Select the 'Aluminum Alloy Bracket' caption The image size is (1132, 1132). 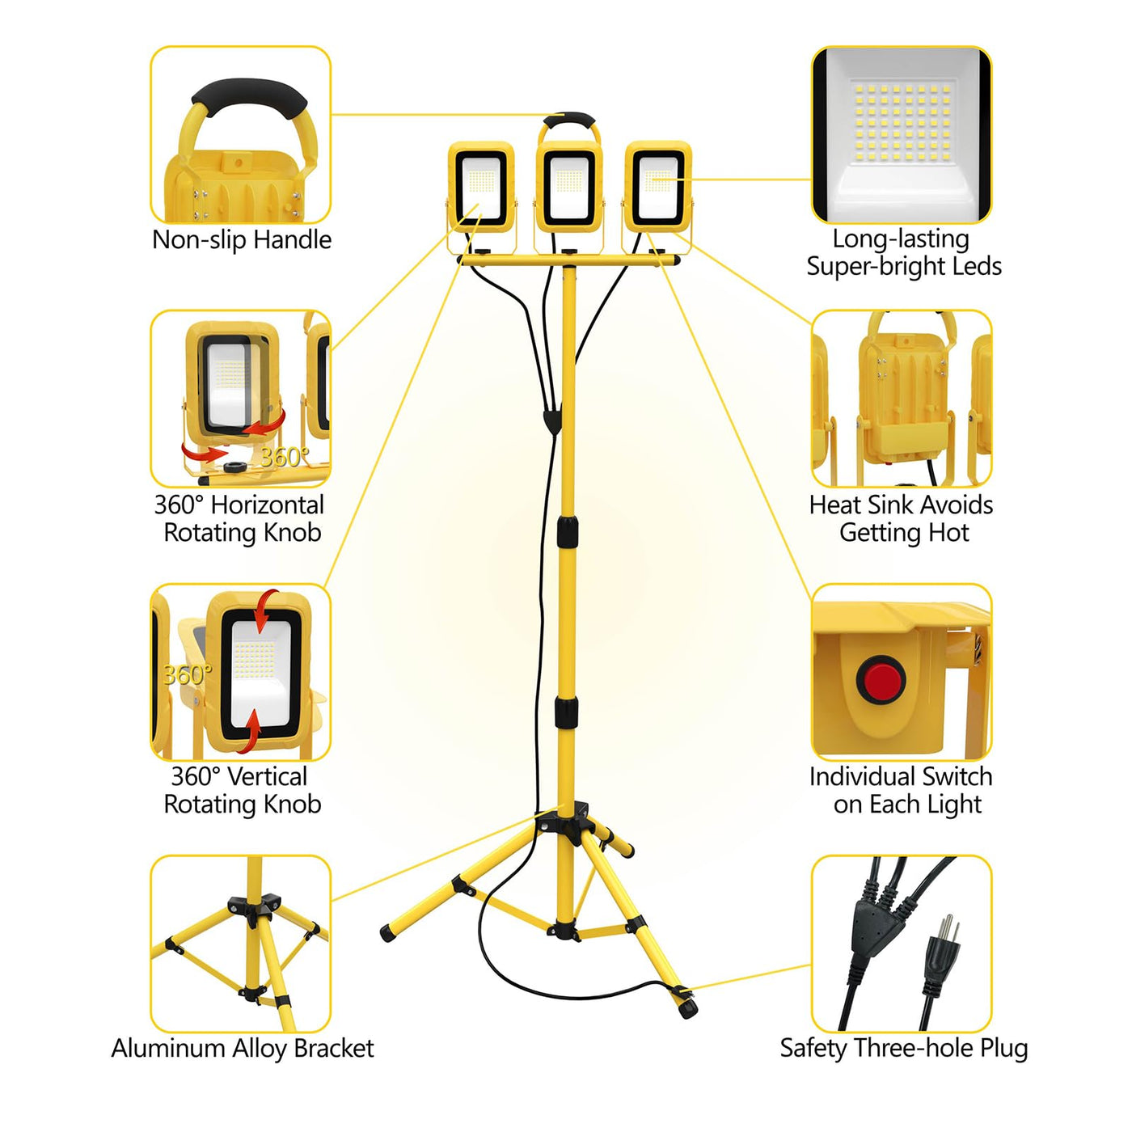(x=242, y=1049)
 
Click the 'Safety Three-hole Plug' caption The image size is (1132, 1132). (x=903, y=1050)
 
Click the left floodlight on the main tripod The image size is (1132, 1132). (x=481, y=187)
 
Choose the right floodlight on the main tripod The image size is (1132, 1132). (x=657, y=187)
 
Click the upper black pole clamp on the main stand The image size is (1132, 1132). (x=566, y=529)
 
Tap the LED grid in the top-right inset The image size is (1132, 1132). (x=902, y=122)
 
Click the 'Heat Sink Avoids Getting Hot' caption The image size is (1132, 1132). (x=902, y=519)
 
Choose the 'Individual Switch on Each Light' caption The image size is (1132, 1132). (x=902, y=791)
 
